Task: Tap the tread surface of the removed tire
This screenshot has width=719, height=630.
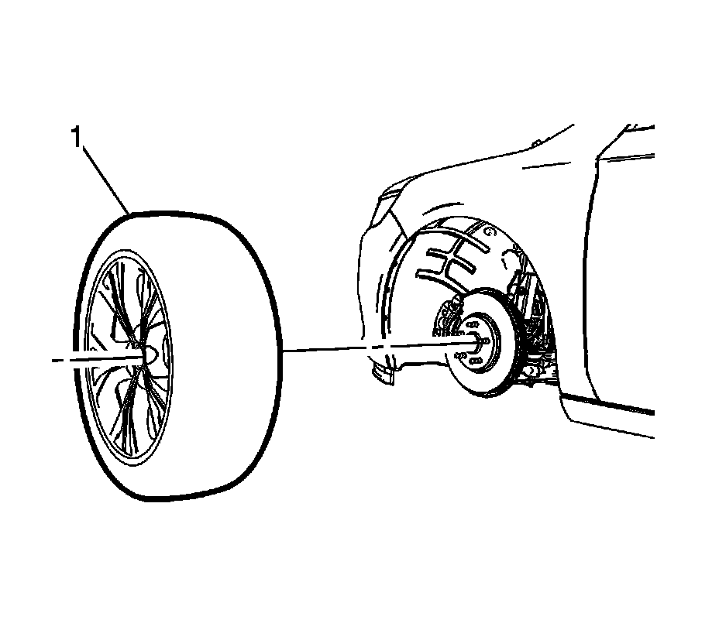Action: (x=232, y=348)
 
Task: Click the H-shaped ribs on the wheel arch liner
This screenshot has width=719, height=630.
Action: (x=449, y=259)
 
